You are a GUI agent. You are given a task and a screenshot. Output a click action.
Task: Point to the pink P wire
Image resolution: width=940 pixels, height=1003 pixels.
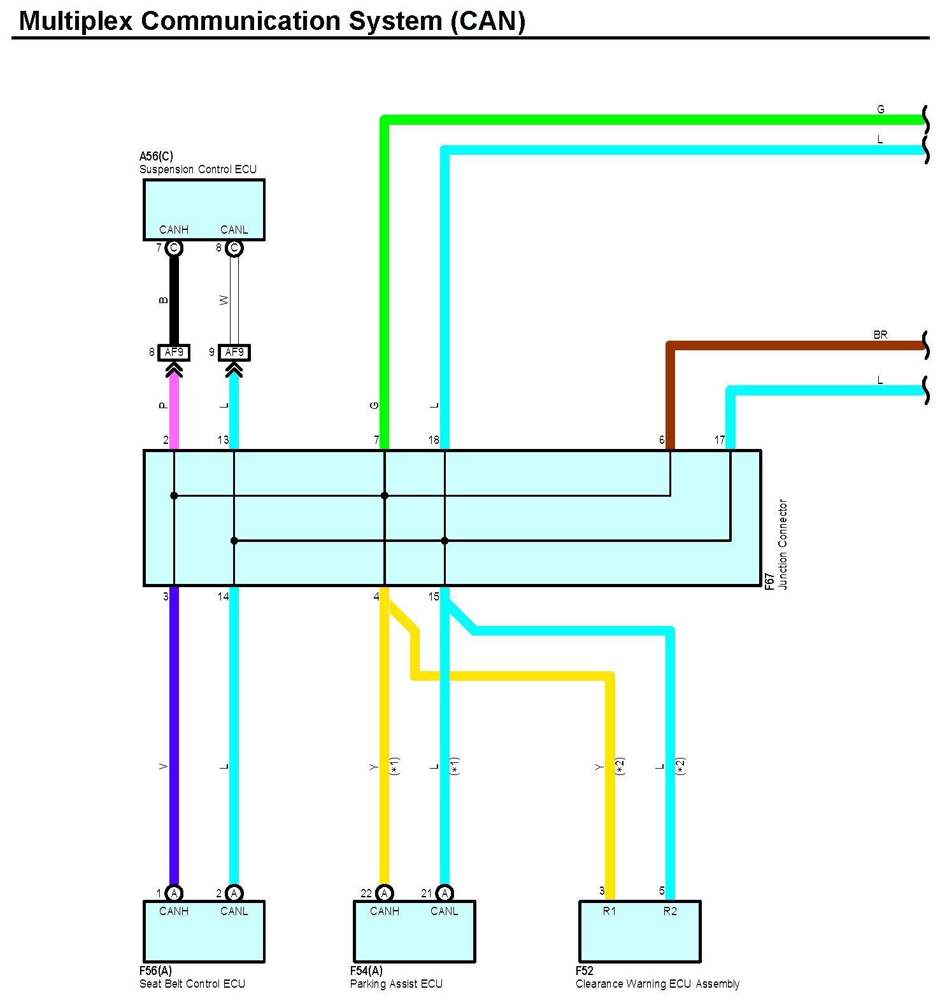174,411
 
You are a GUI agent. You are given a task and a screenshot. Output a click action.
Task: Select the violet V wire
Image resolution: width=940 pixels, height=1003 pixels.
174,732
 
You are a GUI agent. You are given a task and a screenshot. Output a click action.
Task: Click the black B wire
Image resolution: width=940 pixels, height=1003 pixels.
174,299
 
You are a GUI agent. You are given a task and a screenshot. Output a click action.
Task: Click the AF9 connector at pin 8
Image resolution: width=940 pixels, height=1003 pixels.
174,352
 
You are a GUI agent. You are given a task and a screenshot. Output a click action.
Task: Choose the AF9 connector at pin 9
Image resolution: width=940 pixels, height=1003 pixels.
234,352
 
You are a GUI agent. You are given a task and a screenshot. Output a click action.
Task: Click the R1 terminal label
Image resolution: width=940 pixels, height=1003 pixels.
609,911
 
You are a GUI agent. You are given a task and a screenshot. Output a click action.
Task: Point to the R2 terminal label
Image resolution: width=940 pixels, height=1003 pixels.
670,911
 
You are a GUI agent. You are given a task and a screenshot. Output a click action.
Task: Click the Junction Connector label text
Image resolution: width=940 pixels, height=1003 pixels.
783,544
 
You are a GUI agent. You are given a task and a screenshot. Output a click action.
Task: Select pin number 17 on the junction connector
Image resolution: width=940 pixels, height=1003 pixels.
719,440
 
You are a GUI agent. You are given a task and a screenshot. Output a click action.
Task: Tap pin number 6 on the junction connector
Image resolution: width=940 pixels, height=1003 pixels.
662,440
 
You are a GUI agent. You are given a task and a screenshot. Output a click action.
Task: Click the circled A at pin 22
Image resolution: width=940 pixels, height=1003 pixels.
385,893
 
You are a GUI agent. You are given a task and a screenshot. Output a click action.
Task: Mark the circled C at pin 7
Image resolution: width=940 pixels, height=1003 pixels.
174,248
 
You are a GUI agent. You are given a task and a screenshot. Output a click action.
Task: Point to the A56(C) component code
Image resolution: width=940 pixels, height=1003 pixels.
156,156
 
